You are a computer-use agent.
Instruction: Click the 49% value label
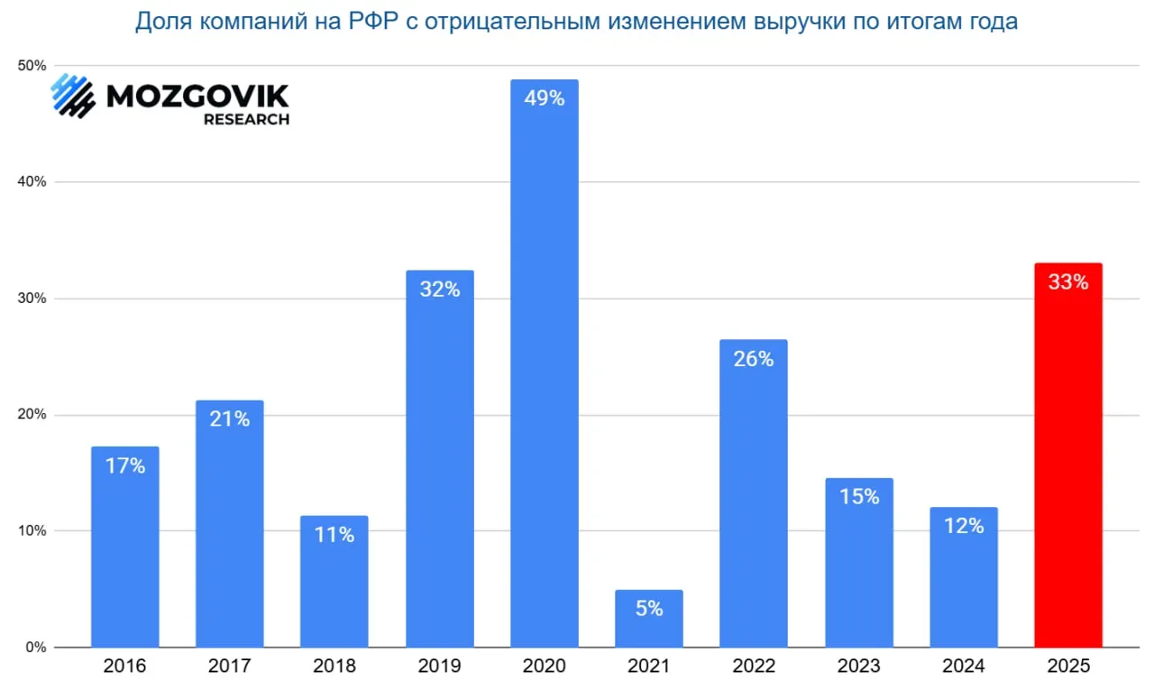[544, 98]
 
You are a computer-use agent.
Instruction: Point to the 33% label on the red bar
[1068, 282]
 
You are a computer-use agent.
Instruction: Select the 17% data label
[125, 466]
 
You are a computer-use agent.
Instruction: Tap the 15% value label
[858, 496]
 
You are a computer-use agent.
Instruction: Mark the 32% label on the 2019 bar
[439, 290]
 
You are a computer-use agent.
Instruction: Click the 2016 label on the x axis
[125, 667]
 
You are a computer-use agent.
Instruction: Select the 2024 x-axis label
[963, 667]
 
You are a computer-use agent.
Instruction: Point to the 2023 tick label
[858, 667]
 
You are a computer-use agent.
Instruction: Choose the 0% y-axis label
[36, 648]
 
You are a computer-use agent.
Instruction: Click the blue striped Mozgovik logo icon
[72, 96]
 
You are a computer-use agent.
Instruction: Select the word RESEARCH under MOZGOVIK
[246, 119]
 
